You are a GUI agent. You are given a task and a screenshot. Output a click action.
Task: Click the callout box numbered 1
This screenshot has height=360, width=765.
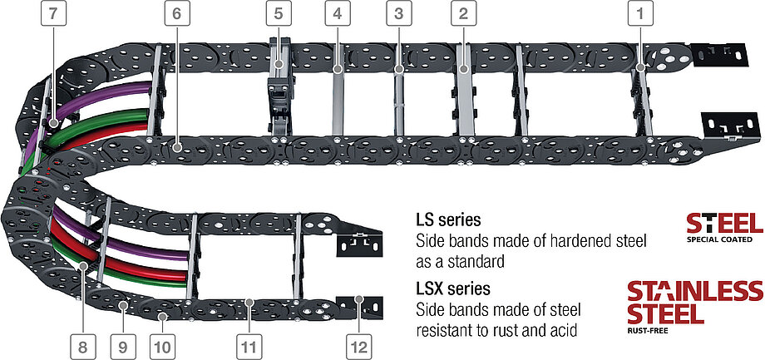coord(639,14)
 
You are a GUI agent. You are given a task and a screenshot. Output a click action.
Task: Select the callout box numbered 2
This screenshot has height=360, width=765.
coord(463,14)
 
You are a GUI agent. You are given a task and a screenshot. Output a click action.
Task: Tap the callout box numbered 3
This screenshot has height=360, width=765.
coord(400,14)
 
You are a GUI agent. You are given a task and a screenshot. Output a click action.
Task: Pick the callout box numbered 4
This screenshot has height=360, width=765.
coord(337,14)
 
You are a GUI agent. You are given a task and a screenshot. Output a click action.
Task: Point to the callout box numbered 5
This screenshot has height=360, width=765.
coord(279,14)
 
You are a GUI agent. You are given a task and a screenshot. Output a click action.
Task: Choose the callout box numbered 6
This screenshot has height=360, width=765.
coord(177,14)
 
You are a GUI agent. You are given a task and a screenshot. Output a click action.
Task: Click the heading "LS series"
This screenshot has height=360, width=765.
coord(451,221)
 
